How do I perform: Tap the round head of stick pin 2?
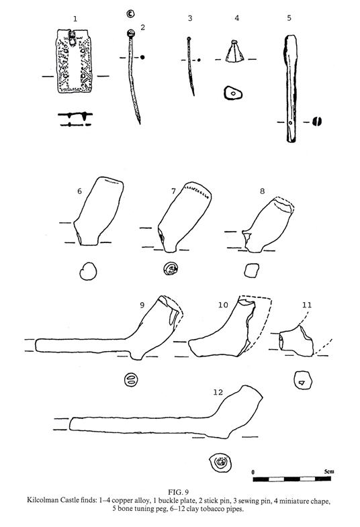click(130, 34)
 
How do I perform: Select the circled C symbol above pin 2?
click(130, 14)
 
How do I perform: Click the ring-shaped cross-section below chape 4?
click(233, 93)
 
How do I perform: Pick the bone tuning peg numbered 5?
click(291, 89)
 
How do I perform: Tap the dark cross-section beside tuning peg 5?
click(316, 121)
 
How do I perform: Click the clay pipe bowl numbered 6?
click(98, 211)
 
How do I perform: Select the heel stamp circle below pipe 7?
click(171, 269)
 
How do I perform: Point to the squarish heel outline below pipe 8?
click(251, 271)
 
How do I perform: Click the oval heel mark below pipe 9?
click(131, 380)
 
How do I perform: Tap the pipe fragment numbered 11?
click(296, 341)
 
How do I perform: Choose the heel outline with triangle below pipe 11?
click(302, 381)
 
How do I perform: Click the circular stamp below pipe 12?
click(220, 462)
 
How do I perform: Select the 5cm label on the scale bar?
click(329, 471)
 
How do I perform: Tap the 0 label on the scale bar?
click(253, 472)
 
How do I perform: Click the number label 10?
click(223, 305)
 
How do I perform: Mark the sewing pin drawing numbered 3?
click(191, 66)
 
